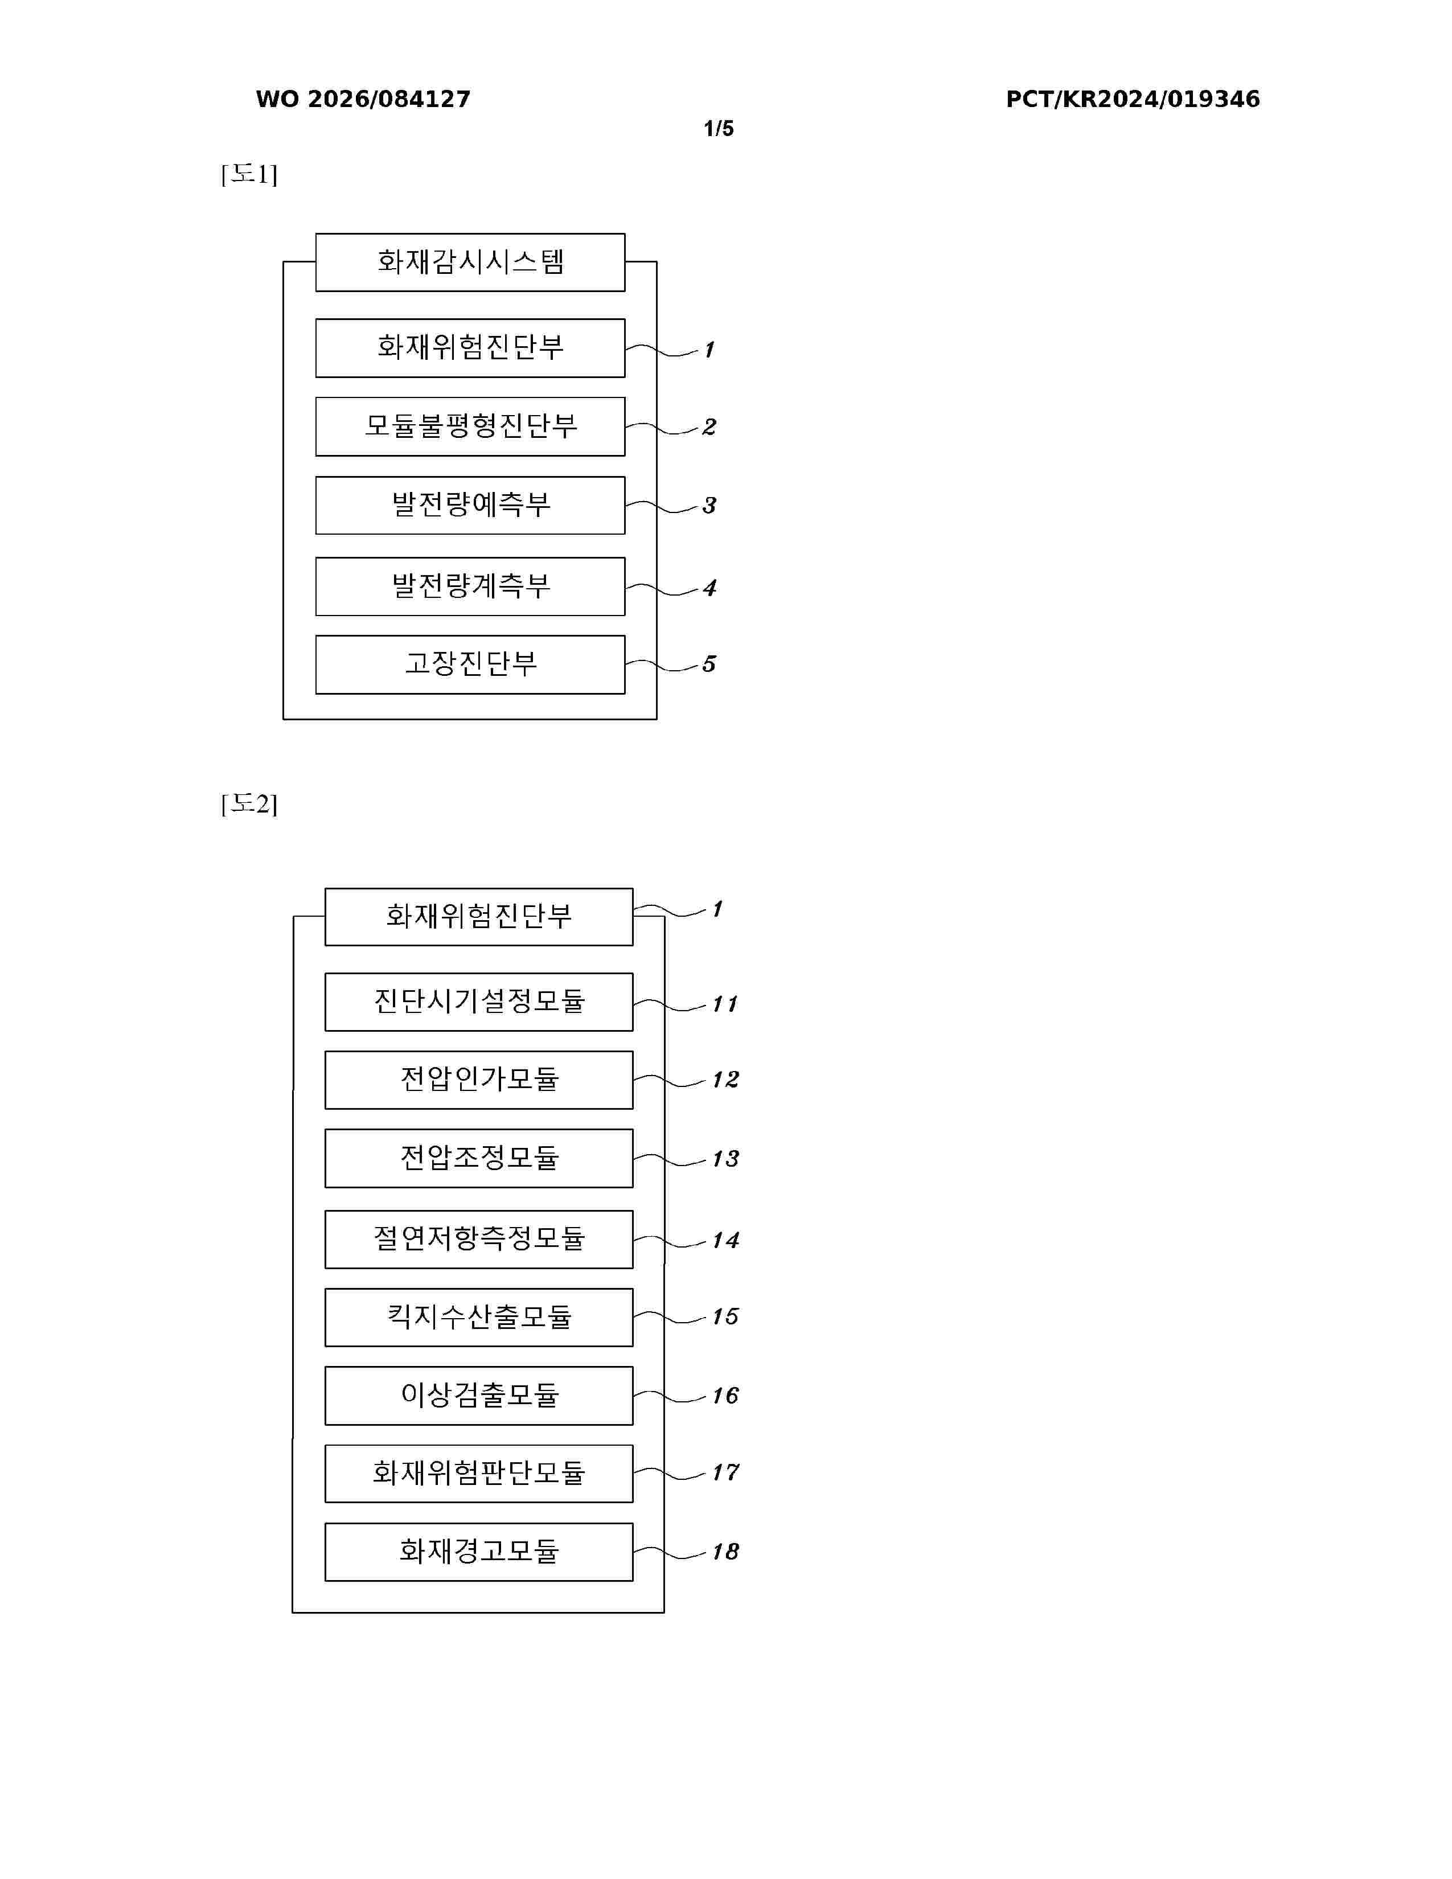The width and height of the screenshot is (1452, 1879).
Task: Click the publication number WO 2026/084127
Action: pyautogui.click(x=363, y=99)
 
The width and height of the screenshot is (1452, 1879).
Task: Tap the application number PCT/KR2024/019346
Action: pyautogui.click(x=1133, y=99)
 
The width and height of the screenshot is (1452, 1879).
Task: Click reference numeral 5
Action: pyautogui.click(x=709, y=663)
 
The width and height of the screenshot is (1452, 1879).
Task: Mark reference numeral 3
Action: pyautogui.click(x=709, y=505)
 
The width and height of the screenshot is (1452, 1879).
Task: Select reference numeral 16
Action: pyautogui.click(x=725, y=1396)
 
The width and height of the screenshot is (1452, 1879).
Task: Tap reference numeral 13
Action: pyautogui.click(x=725, y=1159)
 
